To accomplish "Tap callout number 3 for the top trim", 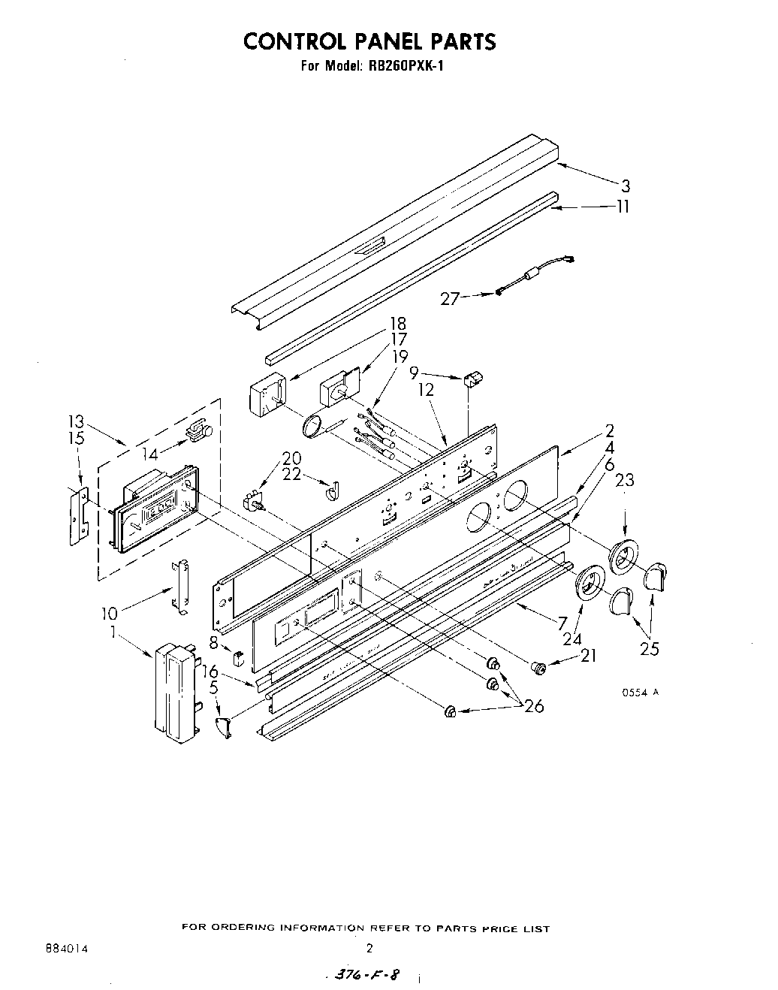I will coord(624,186).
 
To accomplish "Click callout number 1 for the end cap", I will coord(113,632).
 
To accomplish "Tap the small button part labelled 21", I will coord(537,666).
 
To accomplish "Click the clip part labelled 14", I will coord(199,431).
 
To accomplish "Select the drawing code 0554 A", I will coord(640,693).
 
